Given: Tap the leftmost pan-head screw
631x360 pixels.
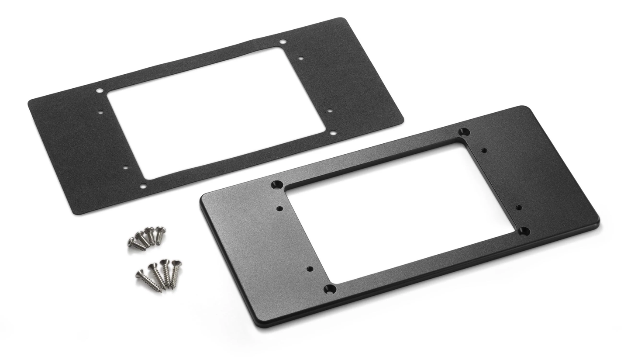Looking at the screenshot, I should (x=131, y=240).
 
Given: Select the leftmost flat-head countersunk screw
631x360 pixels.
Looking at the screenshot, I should (x=140, y=274).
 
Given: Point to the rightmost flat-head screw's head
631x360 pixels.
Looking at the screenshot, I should (x=176, y=263).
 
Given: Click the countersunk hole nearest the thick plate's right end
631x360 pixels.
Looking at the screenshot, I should (x=524, y=231).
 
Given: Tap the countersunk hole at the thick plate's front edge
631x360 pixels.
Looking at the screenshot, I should (x=330, y=289).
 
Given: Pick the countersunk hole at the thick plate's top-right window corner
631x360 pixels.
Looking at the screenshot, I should (x=465, y=132).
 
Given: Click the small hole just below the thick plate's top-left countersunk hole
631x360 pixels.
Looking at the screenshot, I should (x=280, y=208).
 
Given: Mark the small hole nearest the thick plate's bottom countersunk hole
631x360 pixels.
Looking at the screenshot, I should (x=310, y=269).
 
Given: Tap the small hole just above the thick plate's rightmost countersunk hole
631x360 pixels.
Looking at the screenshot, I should (x=519, y=207).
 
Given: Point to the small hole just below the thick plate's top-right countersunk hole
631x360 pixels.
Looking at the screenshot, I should (x=484, y=150).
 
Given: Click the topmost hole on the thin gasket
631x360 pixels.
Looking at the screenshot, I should (x=283, y=42).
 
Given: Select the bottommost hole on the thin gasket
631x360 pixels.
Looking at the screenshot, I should (x=143, y=187).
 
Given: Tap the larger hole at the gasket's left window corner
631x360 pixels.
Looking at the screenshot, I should (x=100, y=91).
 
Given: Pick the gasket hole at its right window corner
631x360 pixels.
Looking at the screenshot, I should (x=333, y=133).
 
